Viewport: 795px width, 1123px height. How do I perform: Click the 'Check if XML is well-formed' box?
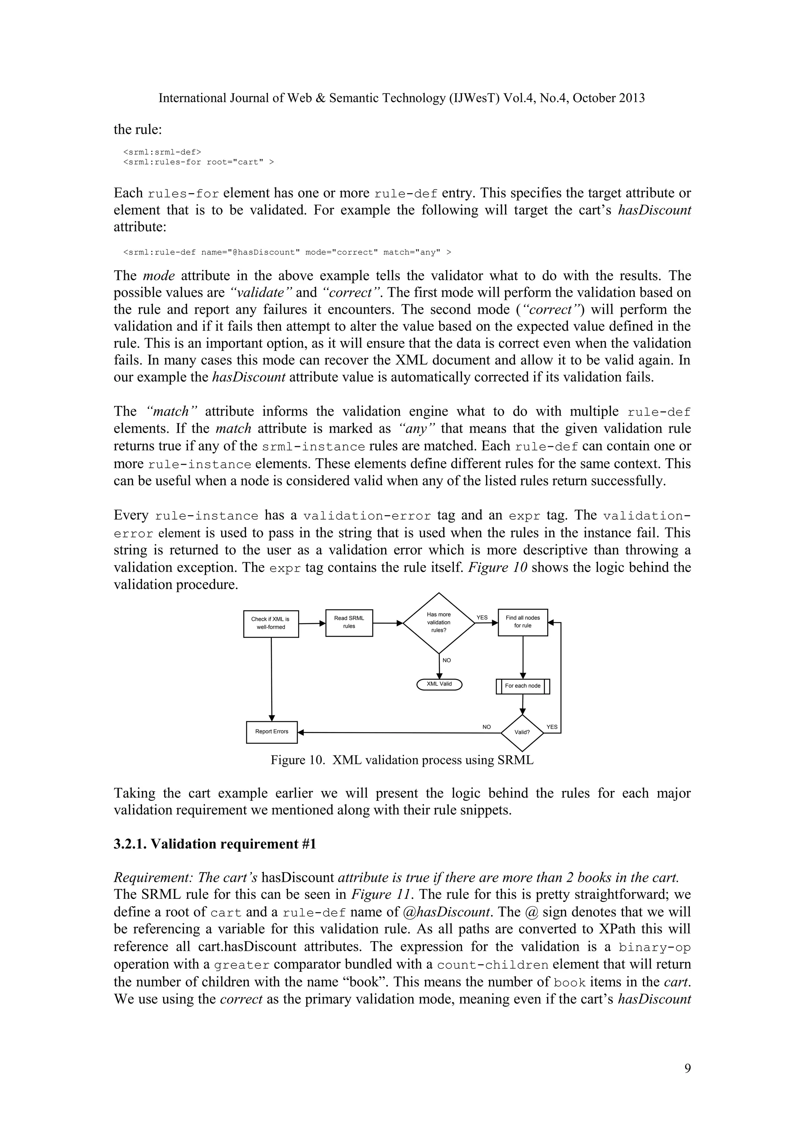coord(271,623)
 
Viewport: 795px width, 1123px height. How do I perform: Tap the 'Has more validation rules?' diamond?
coord(439,623)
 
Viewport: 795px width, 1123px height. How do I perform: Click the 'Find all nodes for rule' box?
coord(522,622)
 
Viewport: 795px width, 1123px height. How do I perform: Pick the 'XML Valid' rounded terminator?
coord(439,684)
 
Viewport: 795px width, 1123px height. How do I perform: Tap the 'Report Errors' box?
coord(272,732)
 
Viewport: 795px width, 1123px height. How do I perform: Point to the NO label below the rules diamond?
coord(446,660)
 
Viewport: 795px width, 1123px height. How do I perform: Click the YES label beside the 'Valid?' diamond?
coord(552,727)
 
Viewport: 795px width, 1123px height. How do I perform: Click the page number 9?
coord(687,1069)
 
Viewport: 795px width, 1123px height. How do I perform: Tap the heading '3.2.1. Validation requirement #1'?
coord(215,844)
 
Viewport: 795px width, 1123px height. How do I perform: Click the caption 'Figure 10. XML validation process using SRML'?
coord(402,760)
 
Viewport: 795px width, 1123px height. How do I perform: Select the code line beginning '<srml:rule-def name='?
coord(287,252)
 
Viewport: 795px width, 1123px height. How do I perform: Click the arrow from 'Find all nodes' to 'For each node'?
coord(523,657)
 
